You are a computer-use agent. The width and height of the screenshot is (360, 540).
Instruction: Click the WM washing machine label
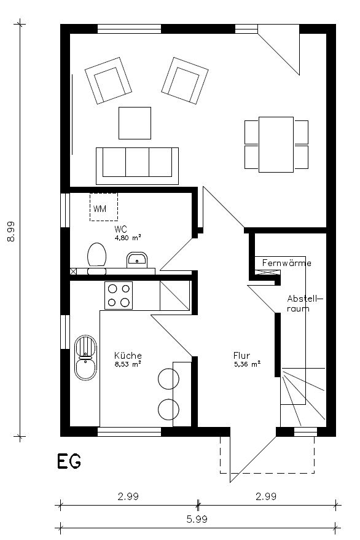pyautogui.click(x=100, y=209)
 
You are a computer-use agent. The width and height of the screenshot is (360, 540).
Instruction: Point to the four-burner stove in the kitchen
pyautogui.click(x=119, y=294)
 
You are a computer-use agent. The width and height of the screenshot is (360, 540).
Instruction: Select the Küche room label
pyautogui.click(x=128, y=355)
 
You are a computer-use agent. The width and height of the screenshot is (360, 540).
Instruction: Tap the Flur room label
pyautogui.click(x=241, y=355)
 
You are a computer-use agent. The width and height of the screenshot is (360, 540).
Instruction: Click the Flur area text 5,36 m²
pyautogui.click(x=246, y=364)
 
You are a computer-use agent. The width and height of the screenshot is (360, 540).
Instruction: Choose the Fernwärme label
pyautogui.click(x=286, y=263)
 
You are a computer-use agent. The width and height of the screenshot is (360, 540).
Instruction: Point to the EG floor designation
pyautogui.click(x=69, y=461)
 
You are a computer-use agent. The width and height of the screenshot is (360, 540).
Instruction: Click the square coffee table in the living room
pyautogui.click(x=135, y=123)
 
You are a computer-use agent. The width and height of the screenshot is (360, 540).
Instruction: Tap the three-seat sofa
pyautogui.click(x=137, y=163)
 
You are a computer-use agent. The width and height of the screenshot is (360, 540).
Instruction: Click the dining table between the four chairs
pyautogui.click(x=276, y=144)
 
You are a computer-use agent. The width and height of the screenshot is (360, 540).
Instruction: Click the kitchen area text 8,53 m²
pyautogui.click(x=128, y=364)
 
